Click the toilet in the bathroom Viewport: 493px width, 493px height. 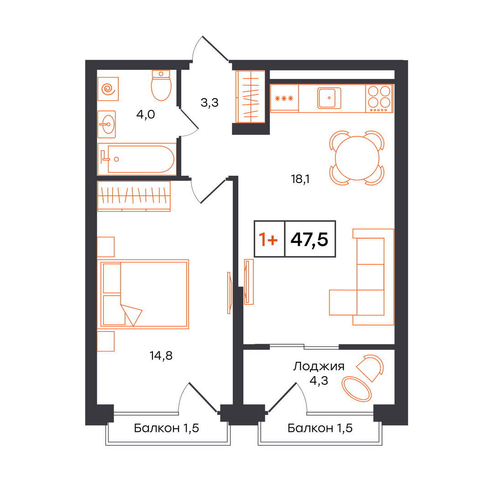coord(161,85)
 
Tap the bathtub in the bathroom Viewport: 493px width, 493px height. coord(137,159)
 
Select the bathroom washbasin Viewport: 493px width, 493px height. coord(106,124)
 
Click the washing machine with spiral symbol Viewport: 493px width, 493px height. coord(108,89)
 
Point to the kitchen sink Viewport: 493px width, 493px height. coord(329,98)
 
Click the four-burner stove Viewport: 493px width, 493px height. coord(379,99)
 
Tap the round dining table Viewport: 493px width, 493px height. coord(357,158)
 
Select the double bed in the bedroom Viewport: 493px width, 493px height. coord(143,294)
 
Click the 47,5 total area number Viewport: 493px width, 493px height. coord(309,239)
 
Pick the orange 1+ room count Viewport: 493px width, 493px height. coord(268,239)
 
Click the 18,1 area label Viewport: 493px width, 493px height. coord(300,179)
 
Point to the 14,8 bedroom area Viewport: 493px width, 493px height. coord(161,356)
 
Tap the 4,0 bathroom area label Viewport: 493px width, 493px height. coord(146,114)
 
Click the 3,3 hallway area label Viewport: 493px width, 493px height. coord(210,103)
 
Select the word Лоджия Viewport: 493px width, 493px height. coord(319,366)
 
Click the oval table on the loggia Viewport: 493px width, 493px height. coord(357,389)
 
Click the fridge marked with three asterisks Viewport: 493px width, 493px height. coord(284,99)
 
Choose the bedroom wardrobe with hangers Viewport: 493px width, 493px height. coord(134,196)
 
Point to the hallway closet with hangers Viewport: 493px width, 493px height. coord(251,96)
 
